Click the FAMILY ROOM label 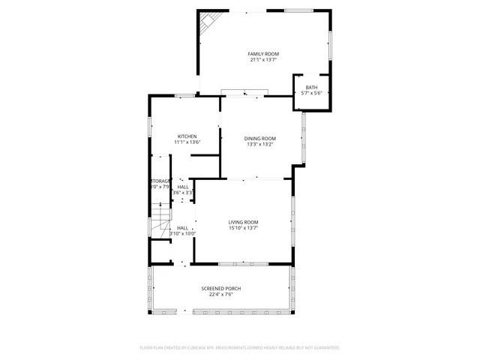coord(264,54)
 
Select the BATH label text coord(311,87)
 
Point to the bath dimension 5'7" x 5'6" coord(311,93)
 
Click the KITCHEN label coord(187,136)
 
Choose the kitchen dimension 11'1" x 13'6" coord(187,142)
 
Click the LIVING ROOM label coord(244,222)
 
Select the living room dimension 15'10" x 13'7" coord(244,228)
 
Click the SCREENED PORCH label coord(220,289)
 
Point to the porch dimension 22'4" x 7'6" coord(220,295)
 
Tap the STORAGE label coord(160,181)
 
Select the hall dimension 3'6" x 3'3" coord(183,193)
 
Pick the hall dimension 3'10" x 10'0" coord(182,233)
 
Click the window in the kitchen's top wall coord(184,95)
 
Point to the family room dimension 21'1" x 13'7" coord(264,60)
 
